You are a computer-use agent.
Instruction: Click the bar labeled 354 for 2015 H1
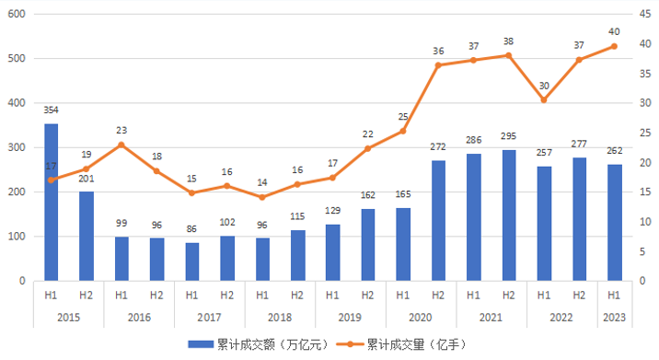[52, 203]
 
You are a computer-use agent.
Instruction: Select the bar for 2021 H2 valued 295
[508, 215]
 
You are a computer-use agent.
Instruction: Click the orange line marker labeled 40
[614, 46]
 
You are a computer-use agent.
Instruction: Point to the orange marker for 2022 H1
[543, 99]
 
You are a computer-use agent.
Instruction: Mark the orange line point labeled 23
[121, 145]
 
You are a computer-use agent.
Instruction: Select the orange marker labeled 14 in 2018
[262, 197]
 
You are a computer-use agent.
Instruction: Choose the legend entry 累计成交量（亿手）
[410, 344]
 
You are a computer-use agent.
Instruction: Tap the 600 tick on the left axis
[17, 14]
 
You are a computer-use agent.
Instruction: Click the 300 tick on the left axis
[17, 147]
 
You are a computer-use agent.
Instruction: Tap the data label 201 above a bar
[87, 180]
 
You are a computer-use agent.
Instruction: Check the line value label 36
[438, 51]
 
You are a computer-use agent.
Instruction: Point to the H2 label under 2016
[156, 296]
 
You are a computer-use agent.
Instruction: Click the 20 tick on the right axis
[641, 162]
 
